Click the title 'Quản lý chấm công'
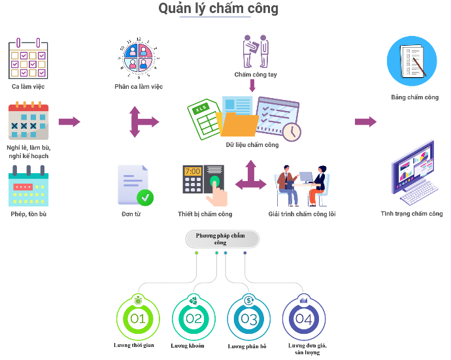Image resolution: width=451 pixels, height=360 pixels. (x=218, y=8)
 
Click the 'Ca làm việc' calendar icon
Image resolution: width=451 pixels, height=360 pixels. (x=28, y=59)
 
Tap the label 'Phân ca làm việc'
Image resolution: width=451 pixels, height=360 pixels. (x=139, y=86)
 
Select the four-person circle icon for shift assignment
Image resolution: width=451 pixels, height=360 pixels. (x=139, y=58)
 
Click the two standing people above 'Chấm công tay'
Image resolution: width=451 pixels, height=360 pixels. (x=256, y=52)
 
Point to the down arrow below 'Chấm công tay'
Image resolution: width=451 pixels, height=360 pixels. (x=252, y=85)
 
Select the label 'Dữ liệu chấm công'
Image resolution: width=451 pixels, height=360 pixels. (x=252, y=144)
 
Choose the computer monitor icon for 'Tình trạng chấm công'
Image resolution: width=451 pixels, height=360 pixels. (x=413, y=172)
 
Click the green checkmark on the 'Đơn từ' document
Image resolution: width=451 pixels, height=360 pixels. (x=145, y=197)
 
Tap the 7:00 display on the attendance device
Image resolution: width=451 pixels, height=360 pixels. (x=193, y=172)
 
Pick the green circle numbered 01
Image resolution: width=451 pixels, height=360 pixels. (x=138, y=318)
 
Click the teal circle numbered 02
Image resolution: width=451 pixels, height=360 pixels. (x=193, y=318)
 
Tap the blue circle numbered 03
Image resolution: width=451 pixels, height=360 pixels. (x=249, y=318)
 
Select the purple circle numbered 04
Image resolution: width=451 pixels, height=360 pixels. (x=304, y=318)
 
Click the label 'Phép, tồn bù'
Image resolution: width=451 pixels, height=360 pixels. (x=29, y=214)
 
